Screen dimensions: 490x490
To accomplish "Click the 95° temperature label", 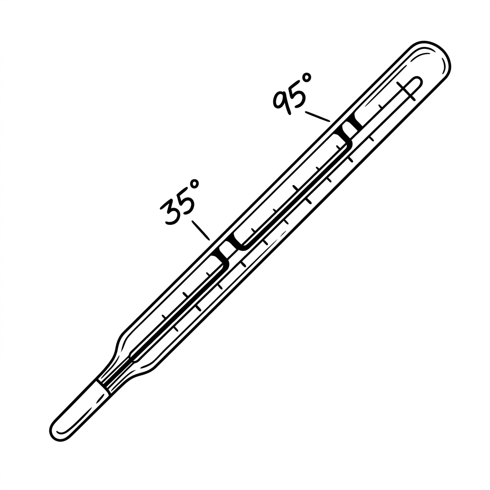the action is coord(292,93).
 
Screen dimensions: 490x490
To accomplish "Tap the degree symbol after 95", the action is coord(307,78).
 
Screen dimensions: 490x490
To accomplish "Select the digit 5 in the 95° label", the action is coord(297,93).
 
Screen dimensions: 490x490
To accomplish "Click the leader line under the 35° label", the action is coord(200,230).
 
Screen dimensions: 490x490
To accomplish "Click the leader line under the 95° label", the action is coord(318,116).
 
